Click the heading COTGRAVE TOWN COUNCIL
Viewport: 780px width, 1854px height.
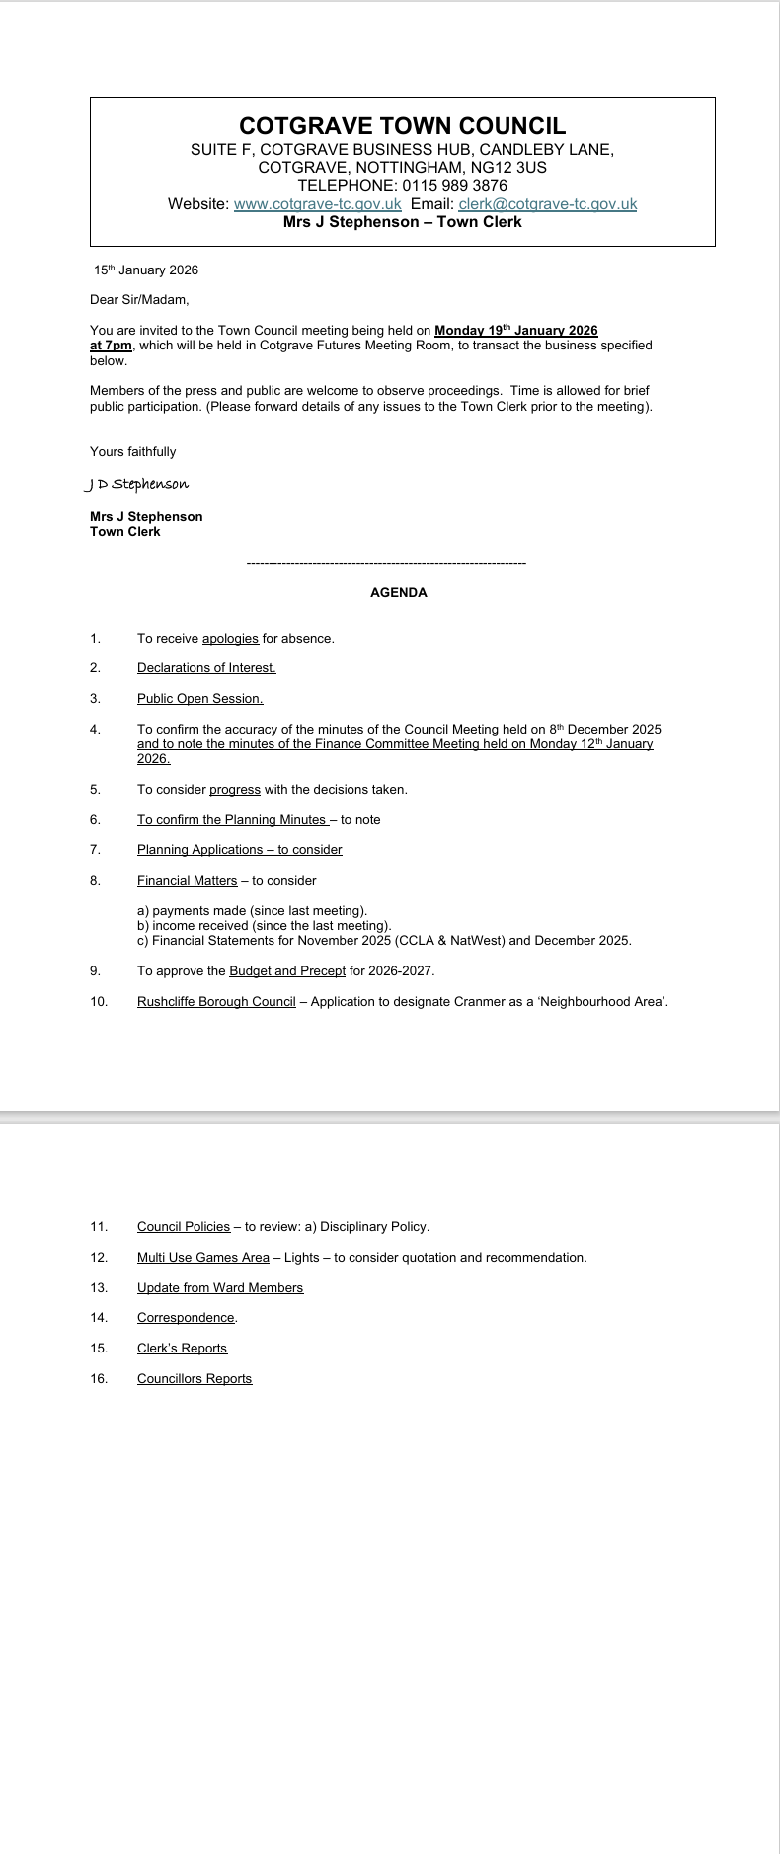(x=402, y=126)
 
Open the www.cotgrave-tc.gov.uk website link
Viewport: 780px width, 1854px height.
(x=317, y=204)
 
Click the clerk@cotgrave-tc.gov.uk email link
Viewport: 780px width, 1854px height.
(x=547, y=204)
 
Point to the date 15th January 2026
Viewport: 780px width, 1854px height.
(x=146, y=270)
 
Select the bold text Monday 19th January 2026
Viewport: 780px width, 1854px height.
(x=515, y=331)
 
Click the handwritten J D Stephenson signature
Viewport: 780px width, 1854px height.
(x=136, y=484)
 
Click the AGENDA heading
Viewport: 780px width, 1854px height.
(x=398, y=593)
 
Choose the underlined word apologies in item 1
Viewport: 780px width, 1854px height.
(x=230, y=639)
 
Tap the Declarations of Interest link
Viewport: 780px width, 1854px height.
(x=206, y=668)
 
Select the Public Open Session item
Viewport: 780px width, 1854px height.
(x=199, y=699)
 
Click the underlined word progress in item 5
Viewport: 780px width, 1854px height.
(x=235, y=790)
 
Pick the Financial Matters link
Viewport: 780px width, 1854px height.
(x=187, y=881)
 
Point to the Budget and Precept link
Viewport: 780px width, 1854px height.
(x=287, y=971)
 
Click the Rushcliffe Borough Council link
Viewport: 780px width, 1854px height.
(x=216, y=1002)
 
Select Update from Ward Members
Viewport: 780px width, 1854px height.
(x=219, y=1288)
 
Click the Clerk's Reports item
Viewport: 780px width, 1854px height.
(x=182, y=1349)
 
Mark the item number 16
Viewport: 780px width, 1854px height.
(x=98, y=1379)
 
